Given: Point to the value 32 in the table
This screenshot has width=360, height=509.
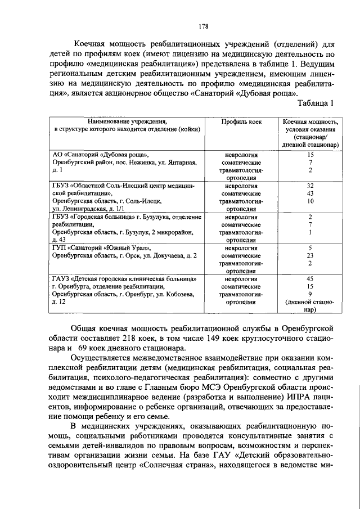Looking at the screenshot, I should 310,185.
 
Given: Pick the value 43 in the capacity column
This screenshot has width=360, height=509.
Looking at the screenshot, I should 310,193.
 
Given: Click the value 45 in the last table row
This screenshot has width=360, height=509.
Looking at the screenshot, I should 310,278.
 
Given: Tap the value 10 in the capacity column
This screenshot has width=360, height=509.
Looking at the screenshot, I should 310,201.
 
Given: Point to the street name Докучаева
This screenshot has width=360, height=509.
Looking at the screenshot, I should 169,255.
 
